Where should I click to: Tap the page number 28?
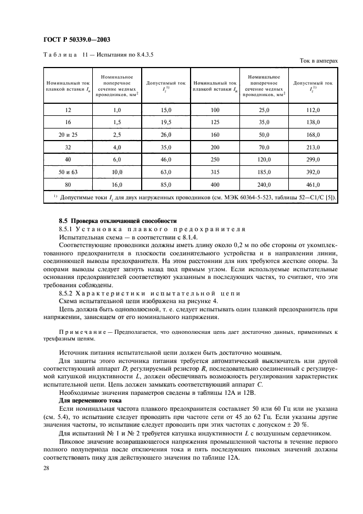[x=45, y=467]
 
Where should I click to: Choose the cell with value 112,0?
[x=313, y=110]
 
